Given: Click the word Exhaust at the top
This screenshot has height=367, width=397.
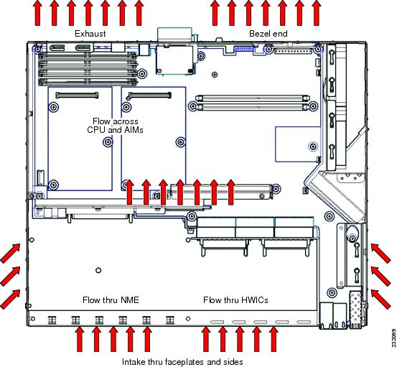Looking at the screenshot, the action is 90,34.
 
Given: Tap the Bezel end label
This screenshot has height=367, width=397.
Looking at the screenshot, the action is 268,34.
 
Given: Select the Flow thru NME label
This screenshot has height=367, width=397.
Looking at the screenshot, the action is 111,300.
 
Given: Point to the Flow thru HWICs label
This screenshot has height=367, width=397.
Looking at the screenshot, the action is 235,300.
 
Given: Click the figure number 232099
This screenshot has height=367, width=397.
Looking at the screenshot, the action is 393,338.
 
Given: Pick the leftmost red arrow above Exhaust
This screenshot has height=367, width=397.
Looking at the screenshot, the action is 37,13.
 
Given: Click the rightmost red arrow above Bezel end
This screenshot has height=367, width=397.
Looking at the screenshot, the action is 316,13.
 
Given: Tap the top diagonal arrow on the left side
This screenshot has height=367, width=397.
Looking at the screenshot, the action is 10,253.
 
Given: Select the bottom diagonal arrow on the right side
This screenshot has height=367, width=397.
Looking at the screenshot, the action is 381,299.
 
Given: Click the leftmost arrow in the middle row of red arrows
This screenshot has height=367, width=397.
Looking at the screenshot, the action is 129,192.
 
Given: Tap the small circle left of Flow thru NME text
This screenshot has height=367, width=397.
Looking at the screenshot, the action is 98,270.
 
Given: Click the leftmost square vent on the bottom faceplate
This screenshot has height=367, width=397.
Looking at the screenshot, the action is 52,320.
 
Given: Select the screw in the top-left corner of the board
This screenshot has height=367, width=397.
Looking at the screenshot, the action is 37,48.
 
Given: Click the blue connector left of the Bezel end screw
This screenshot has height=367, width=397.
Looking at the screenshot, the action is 244,48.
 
